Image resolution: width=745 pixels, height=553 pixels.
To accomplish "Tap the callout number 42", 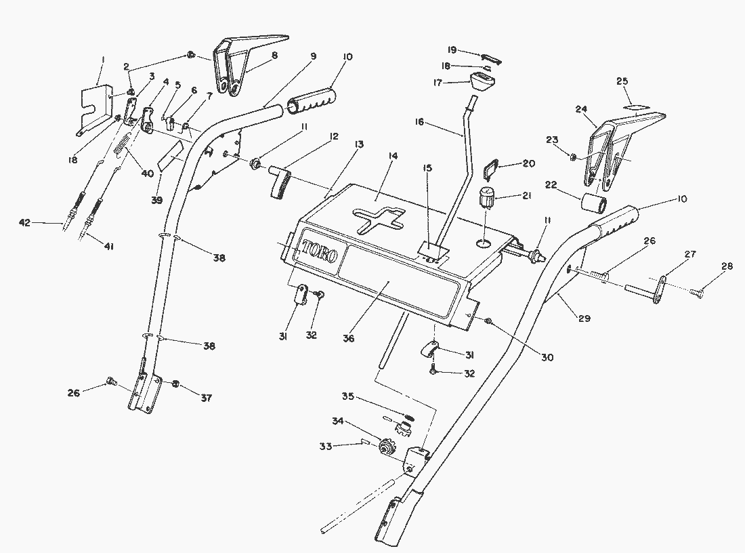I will [x=25, y=222].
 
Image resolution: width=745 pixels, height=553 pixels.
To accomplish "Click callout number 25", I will [x=622, y=81].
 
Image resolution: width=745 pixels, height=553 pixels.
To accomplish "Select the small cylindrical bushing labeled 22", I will [x=593, y=203].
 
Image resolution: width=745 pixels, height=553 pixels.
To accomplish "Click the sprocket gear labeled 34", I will [x=388, y=448].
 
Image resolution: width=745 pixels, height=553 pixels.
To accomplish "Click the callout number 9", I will [x=312, y=57].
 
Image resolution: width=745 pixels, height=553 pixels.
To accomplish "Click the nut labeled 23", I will [x=572, y=157].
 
